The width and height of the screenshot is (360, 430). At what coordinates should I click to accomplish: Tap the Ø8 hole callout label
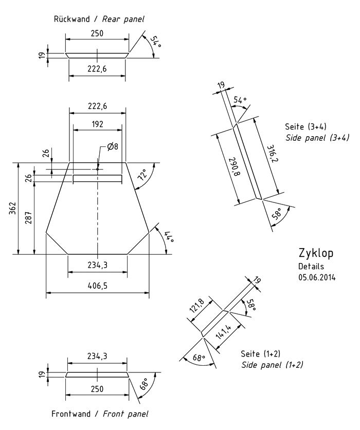[x=113, y=147]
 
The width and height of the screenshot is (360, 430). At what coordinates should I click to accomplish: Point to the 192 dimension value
[x=97, y=124]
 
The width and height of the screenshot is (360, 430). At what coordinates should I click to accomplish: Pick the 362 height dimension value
[x=12, y=208]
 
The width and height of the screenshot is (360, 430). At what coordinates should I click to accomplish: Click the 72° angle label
[x=142, y=175]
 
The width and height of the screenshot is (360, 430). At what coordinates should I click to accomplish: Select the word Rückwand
[x=74, y=19]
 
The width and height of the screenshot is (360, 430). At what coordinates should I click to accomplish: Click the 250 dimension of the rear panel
[x=97, y=33]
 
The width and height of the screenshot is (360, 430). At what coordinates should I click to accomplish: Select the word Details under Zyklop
[x=311, y=267]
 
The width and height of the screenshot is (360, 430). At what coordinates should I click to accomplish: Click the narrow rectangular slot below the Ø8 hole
[x=97, y=178]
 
